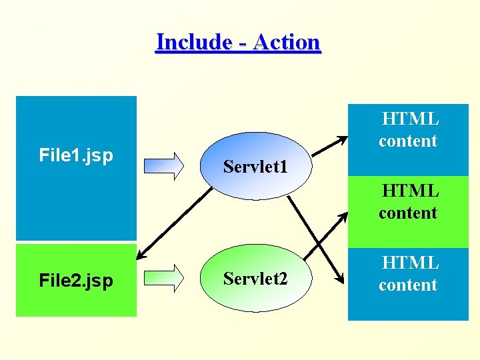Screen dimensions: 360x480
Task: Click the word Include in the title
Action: (x=193, y=42)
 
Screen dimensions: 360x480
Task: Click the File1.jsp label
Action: (x=76, y=156)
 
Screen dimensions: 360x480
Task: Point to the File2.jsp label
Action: (x=76, y=281)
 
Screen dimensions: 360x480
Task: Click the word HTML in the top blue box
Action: (x=409, y=119)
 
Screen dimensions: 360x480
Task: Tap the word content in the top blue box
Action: (x=407, y=141)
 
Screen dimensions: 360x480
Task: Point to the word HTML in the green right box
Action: (x=409, y=191)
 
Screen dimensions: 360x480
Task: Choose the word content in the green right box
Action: (x=407, y=213)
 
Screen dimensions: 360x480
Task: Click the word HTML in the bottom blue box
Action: (x=409, y=263)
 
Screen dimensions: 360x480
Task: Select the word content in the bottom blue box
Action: (x=407, y=285)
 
